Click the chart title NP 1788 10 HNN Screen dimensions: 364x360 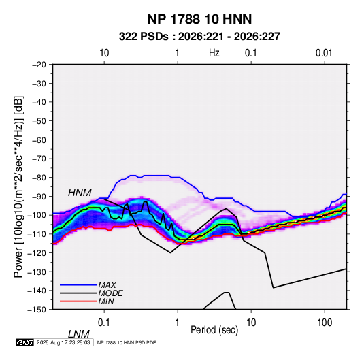[199, 19]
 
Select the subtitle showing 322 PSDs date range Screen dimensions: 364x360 [199, 37]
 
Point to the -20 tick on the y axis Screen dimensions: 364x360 [39, 65]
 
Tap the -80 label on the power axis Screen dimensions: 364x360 [39, 178]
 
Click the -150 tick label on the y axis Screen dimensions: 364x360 [37, 310]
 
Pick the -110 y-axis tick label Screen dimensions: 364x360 [37, 234]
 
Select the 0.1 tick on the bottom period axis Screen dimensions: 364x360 [104, 323]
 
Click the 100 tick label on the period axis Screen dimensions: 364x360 [325, 323]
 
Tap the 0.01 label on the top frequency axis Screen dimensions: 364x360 [324, 53]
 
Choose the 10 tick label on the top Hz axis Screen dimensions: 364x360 [104, 53]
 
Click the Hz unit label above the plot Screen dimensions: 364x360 [214, 53]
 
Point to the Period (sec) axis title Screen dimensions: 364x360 [214, 330]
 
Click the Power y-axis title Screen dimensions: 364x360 [18, 186]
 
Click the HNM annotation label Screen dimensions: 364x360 [80, 193]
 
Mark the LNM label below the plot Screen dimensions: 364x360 [79, 334]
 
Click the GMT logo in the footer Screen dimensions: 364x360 [25, 342]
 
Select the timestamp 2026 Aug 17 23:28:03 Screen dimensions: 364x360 [63, 342]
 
